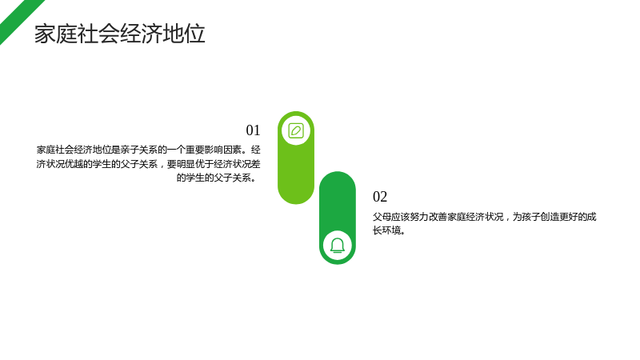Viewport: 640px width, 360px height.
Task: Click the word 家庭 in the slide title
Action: (55, 34)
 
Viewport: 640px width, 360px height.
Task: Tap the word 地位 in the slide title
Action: (184, 34)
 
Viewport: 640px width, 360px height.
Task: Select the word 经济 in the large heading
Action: (141, 34)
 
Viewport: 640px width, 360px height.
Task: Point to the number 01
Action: (253, 130)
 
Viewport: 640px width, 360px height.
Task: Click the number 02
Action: (380, 197)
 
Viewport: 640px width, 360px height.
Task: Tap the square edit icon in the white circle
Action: (296, 131)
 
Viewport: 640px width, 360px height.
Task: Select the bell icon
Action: (338, 246)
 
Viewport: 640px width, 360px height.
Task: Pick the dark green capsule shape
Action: (338, 218)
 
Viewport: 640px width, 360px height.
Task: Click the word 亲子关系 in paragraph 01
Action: (139, 150)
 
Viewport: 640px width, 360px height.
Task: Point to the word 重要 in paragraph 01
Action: (194, 150)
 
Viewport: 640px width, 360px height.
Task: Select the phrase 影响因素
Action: (222, 150)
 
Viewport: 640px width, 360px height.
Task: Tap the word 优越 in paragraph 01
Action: (74, 164)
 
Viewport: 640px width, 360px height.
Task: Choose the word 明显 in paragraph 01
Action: (186, 164)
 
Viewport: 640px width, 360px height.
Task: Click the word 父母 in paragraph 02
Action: (382, 217)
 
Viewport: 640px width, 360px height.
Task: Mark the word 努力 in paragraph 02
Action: (419, 217)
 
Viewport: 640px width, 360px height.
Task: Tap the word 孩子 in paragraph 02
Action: (531, 217)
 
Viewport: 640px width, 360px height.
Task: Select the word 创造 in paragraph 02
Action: (550, 217)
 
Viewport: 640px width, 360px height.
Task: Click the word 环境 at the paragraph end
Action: (391, 230)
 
